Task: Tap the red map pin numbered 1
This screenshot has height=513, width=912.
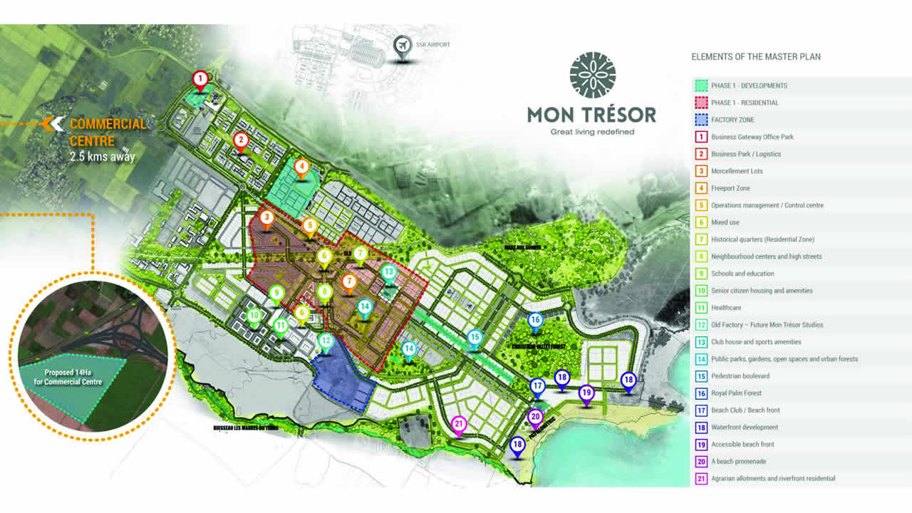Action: click(x=201, y=79)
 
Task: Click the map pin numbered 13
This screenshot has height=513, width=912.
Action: click(x=388, y=272)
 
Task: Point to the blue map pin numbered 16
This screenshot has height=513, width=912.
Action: click(x=535, y=321)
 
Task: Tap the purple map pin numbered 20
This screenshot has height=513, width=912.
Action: click(x=535, y=418)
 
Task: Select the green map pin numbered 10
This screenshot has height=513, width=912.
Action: click(x=254, y=316)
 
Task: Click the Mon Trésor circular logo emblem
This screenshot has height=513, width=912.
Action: click(x=592, y=75)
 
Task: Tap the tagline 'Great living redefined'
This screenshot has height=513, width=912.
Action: click(x=592, y=132)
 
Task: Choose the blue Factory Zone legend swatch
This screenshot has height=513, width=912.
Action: click(x=700, y=120)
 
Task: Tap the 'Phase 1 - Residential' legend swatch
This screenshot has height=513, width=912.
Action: click(x=700, y=103)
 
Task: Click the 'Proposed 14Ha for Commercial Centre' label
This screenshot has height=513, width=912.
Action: click(x=73, y=377)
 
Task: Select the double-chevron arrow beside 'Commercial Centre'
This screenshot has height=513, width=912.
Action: click(x=53, y=124)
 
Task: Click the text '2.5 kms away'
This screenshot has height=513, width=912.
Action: click(x=103, y=156)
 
